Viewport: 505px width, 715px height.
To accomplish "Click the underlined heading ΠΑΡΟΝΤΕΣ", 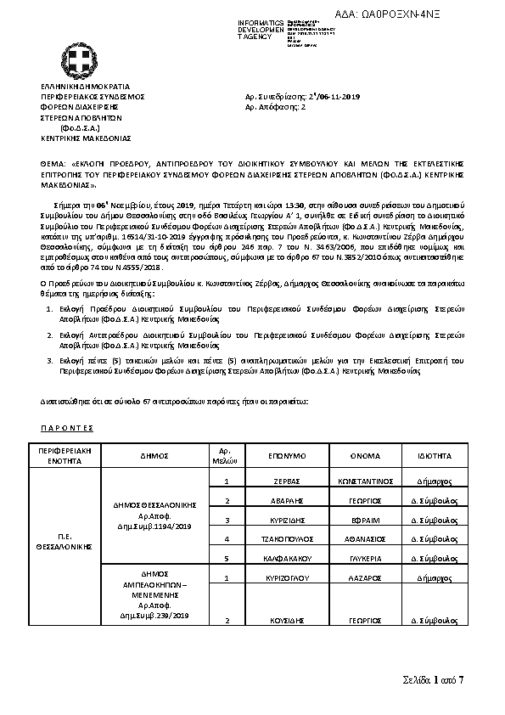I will pos(67,426).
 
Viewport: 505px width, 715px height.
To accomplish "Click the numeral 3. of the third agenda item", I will pos(48,360).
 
